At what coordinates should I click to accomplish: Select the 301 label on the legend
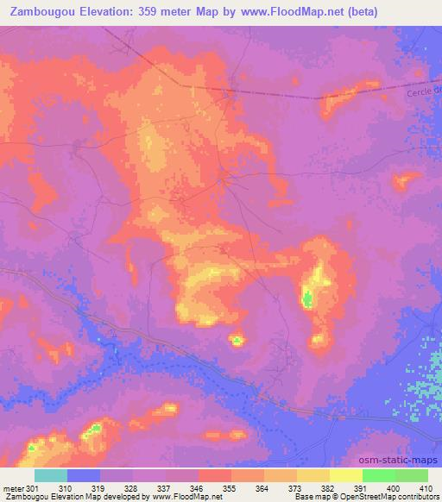[34, 487]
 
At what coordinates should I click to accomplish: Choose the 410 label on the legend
[426, 487]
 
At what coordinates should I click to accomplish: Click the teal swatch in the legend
[50, 475]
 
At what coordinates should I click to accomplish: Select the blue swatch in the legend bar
[84, 475]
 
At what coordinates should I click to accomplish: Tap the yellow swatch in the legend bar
[346, 475]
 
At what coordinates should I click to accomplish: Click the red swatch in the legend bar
[215, 475]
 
